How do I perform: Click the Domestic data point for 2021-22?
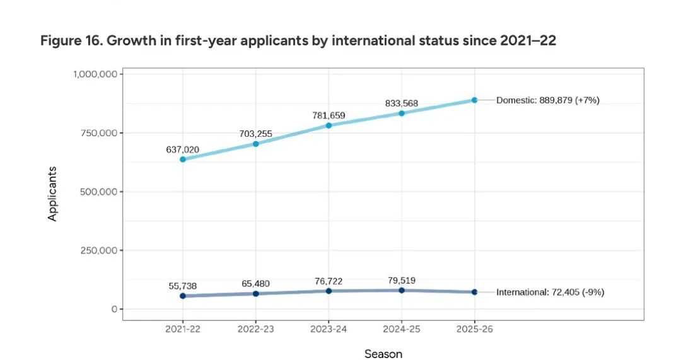pos(183,160)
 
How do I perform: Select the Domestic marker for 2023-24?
pos(329,125)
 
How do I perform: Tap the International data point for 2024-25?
pos(402,290)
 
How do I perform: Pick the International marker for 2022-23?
pos(256,294)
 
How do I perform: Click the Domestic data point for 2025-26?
pos(474,100)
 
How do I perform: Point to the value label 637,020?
pos(183,149)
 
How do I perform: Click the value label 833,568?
pos(402,103)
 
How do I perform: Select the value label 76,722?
pos(329,281)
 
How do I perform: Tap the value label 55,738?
pos(183,286)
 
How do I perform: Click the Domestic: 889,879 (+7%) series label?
pos(547,100)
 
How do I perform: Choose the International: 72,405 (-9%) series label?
pos(550,293)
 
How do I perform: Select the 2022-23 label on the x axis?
pos(256,330)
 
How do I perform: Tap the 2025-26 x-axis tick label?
pos(474,330)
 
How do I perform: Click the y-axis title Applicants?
pos(53,194)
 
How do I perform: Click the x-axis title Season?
pos(383,354)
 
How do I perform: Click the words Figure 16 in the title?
pos(70,41)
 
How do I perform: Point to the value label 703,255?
pos(256,134)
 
